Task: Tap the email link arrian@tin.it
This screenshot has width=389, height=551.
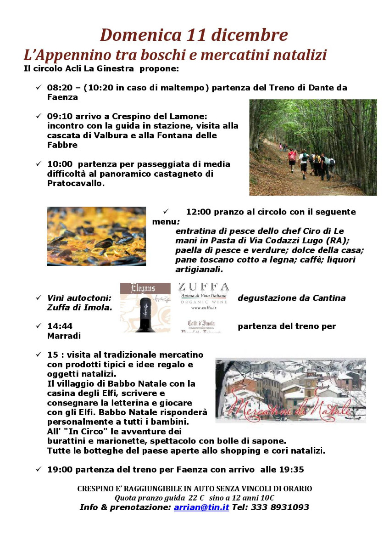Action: pos(201,507)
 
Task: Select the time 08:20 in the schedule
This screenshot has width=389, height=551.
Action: pos(59,87)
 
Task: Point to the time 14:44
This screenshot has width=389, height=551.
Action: pos(60,326)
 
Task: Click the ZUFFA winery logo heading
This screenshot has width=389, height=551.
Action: pos(204,287)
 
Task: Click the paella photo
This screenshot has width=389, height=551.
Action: pos(96,236)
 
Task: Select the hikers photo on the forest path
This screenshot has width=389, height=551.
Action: pos(313,147)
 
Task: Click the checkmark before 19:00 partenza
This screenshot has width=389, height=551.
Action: pos(39,469)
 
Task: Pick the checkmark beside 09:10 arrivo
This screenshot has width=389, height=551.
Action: pos(39,117)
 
